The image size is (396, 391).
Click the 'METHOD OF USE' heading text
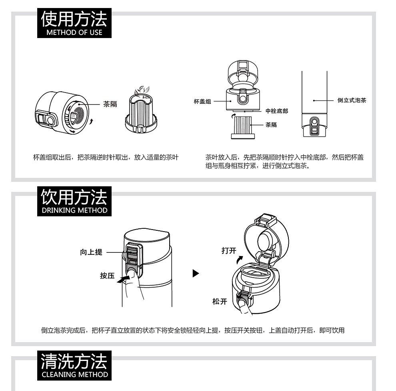click(74, 32)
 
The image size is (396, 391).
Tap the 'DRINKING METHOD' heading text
click(74, 210)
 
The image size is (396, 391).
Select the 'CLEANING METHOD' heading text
click(75, 375)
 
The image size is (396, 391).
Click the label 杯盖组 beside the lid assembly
click(202, 101)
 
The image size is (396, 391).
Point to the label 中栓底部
click(277, 111)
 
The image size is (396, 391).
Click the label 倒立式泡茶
click(352, 101)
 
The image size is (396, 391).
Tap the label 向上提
click(91, 252)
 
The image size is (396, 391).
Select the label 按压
click(107, 276)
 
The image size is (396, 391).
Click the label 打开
click(229, 251)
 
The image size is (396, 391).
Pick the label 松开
click(220, 302)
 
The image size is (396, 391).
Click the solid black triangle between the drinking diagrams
click(196, 273)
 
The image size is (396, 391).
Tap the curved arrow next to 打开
click(240, 260)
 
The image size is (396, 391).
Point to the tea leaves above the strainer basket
click(142, 91)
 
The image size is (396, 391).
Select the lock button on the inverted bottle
click(314, 126)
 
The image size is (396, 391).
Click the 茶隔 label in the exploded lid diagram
click(271, 125)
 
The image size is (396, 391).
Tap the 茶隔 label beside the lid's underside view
click(110, 104)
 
